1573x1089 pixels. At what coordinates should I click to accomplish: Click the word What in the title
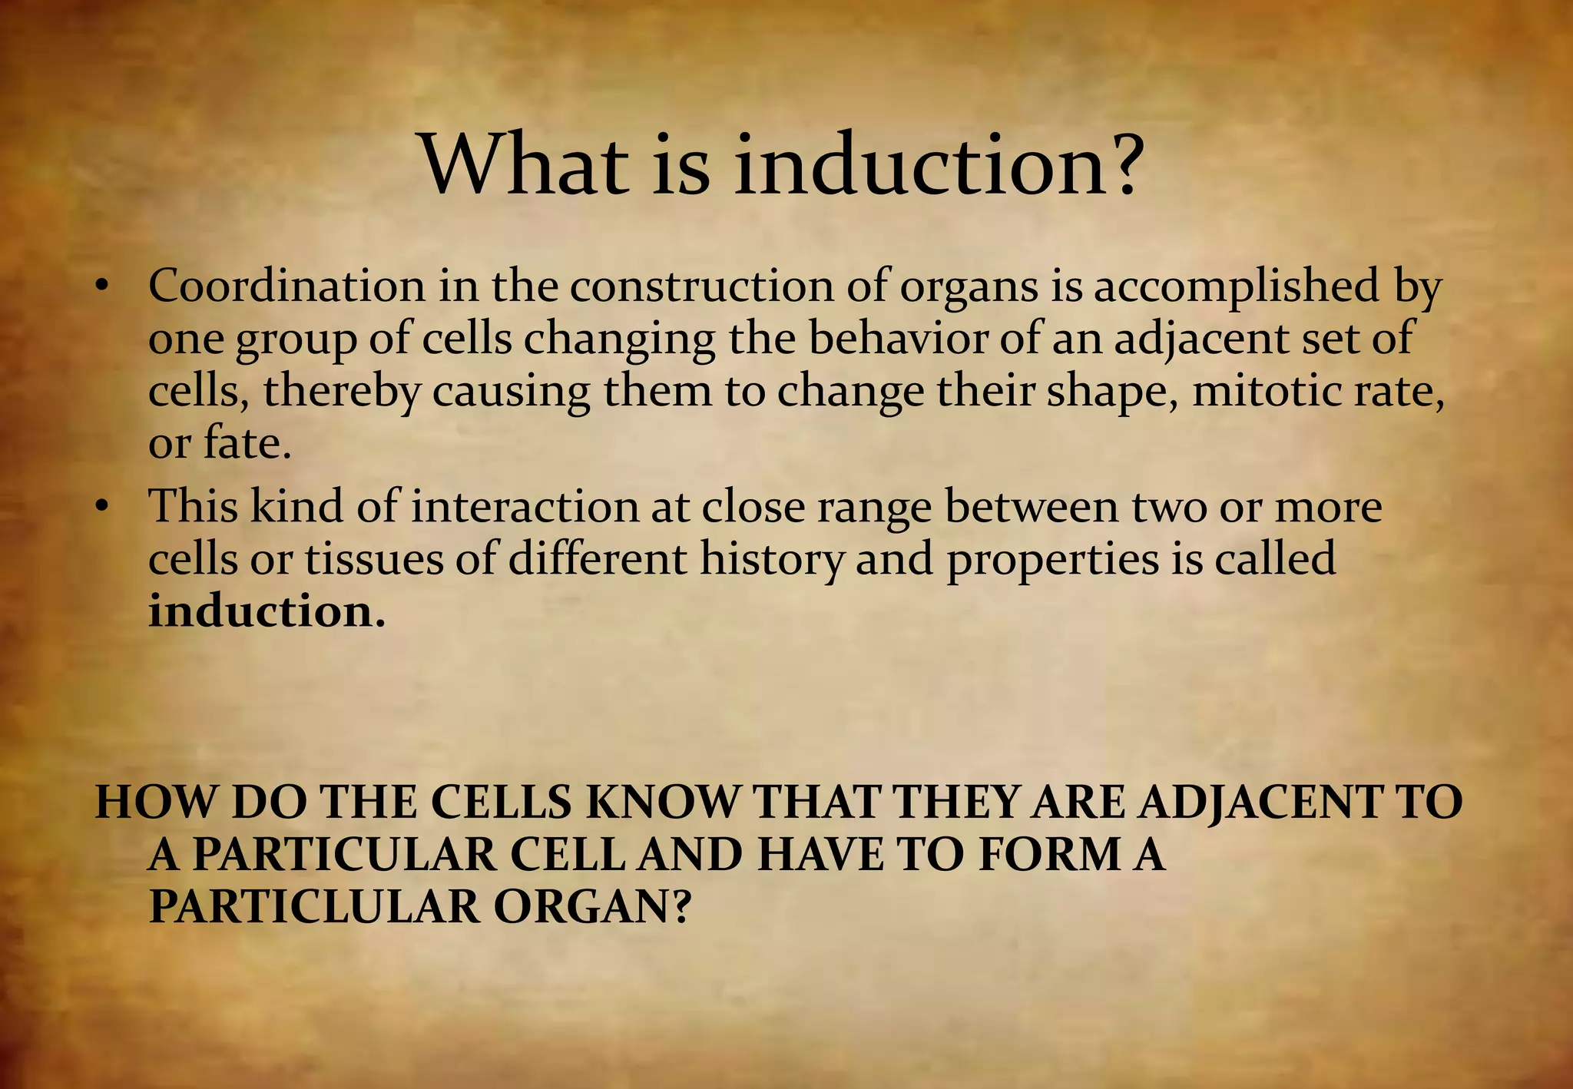point(522,165)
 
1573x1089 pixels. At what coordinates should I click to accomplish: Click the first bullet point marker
point(101,287)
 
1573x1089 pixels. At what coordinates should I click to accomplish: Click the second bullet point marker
point(101,508)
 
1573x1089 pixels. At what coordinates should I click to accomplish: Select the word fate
point(247,443)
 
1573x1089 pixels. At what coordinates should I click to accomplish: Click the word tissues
point(374,558)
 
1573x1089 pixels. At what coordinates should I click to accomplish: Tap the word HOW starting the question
point(154,802)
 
